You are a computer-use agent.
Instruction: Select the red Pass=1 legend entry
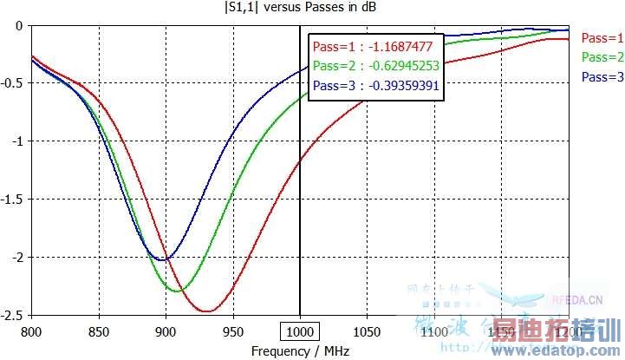(602, 38)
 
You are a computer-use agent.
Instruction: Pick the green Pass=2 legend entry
(602, 57)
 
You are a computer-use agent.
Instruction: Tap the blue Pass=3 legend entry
(602, 77)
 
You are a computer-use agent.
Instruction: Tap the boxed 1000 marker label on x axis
(300, 332)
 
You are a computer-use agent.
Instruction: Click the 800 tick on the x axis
(31, 332)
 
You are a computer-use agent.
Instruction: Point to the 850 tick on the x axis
(99, 332)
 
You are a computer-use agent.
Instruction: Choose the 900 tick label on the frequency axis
(166, 332)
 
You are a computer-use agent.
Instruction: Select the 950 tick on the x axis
(233, 332)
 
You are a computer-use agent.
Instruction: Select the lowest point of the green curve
(176, 291)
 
